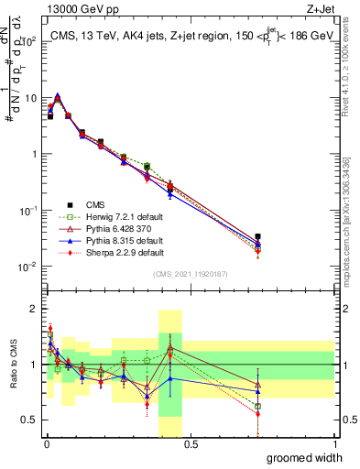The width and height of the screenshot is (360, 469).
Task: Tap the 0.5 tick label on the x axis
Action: [190, 444]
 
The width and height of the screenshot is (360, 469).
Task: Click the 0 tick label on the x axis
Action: [45, 444]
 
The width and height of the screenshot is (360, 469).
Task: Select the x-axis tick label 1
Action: [334, 444]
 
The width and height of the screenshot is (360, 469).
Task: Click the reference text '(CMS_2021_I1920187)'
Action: [190, 274]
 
